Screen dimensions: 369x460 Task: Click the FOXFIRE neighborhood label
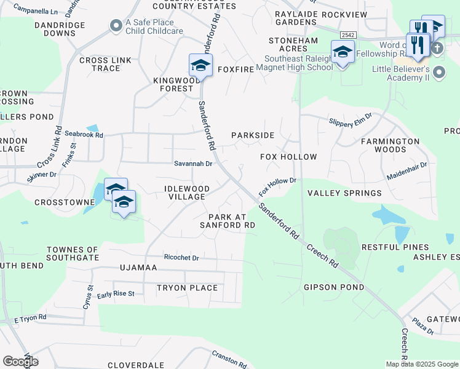(236, 69)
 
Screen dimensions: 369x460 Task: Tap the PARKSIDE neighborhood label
(252, 135)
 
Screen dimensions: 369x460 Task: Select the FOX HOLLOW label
(288, 157)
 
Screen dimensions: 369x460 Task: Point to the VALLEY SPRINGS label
(344, 193)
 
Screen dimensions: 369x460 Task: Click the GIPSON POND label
(333, 287)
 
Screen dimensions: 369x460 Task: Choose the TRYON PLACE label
(187, 288)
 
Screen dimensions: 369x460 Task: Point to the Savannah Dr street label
(193, 164)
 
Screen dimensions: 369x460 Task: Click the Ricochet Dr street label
(181, 258)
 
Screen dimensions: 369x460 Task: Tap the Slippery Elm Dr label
(351, 120)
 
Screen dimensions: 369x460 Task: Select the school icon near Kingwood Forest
(200, 65)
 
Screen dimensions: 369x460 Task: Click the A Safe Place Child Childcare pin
(115, 25)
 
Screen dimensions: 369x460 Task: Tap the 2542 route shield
(347, 36)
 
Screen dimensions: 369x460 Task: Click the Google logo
(20, 362)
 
